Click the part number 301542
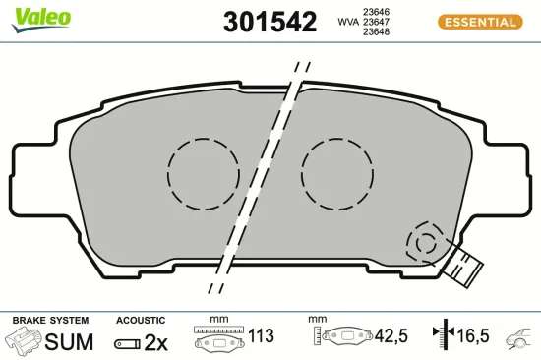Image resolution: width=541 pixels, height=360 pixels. [270, 22]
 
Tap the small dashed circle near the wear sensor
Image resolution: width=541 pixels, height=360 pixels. [426, 242]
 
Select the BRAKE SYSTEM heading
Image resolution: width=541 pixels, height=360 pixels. [49, 321]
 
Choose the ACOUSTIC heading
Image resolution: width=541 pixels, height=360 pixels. [140, 321]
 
